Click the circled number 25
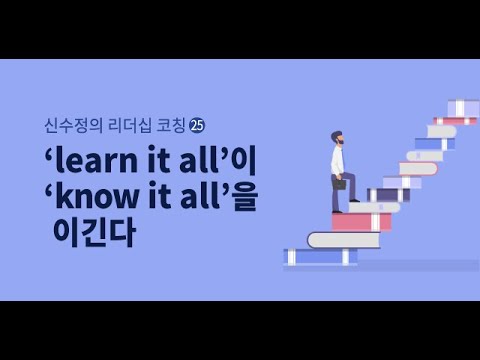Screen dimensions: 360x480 (x=197, y=125)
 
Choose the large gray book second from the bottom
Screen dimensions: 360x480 (x=343, y=240)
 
